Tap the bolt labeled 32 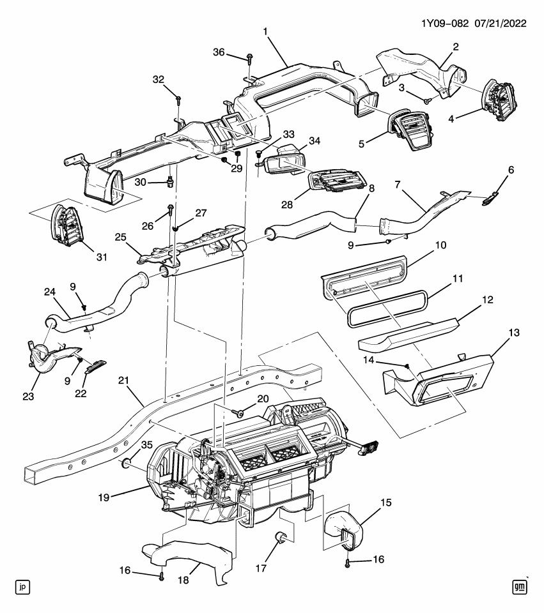tap(178, 100)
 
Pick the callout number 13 tap(513, 333)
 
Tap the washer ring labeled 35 tap(127, 462)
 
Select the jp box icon tap(22, 586)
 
